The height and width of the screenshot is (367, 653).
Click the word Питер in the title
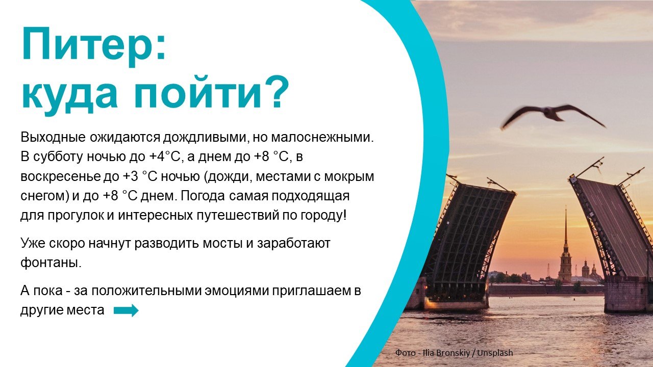pyautogui.click(x=89, y=44)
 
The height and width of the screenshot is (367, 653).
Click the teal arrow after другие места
pyautogui.click(x=126, y=310)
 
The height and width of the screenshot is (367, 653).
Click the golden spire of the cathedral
pyautogui.click(x=566, y=230)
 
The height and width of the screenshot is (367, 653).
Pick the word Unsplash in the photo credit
pyautogui.click(x=495, y=353)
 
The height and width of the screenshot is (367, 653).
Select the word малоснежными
pyautogui.click(x=322, y=138)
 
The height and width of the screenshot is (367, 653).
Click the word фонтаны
pyautogui.click(x=51, y=263)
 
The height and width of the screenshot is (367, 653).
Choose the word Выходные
pyautogui.click(x=53, y=138)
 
